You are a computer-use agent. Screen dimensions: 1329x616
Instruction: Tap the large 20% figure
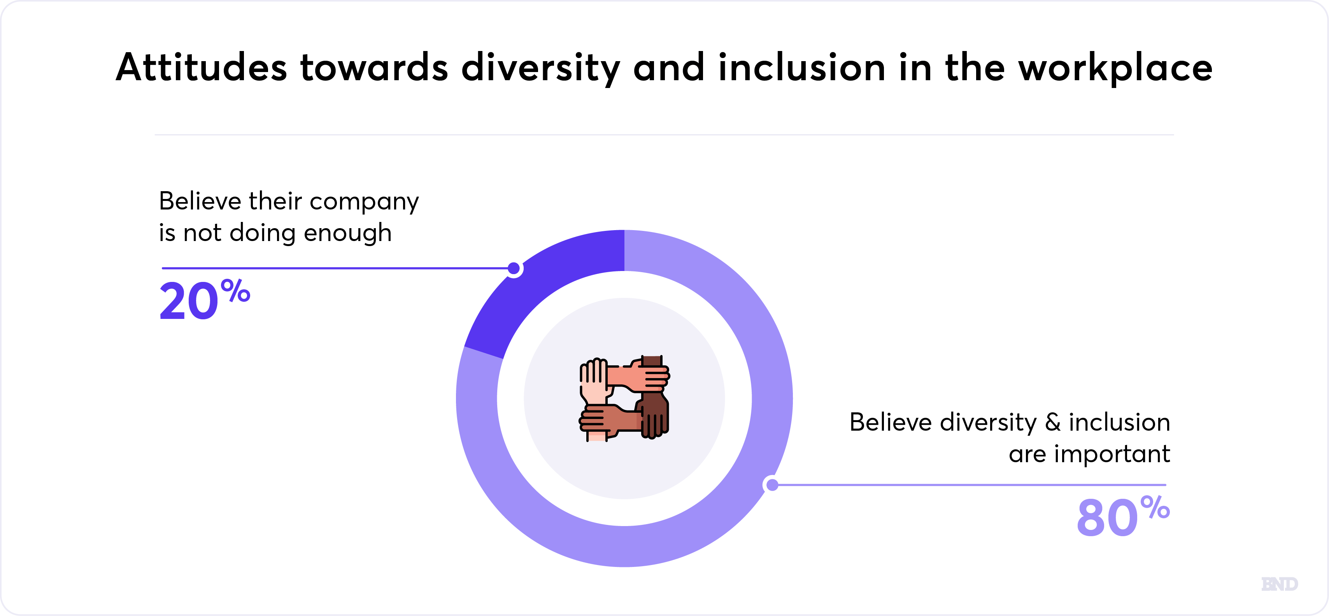point(205,299)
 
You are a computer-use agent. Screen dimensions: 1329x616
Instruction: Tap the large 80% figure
point(1123,516)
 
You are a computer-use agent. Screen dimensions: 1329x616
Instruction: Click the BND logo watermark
point(1280,584)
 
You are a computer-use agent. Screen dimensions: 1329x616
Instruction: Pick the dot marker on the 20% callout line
point(514,269)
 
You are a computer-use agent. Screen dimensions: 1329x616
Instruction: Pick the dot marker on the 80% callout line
point(772,485)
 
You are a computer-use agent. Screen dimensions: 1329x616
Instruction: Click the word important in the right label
point(1112,455)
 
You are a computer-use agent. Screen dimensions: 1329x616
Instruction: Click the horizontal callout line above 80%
point(970,485)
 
